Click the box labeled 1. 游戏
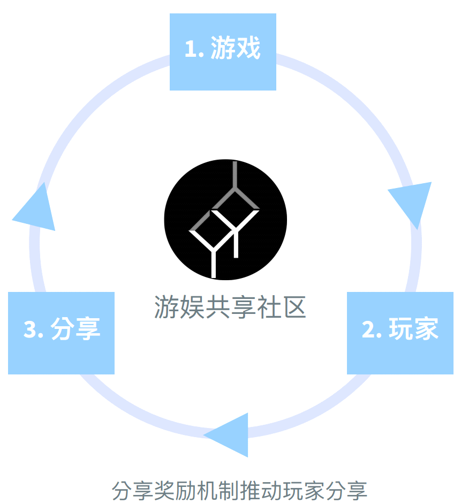pyautogui.click(x=223, y=51)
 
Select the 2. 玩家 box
pyautogui.click(x=400, y=333)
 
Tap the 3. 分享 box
pyautogui.click(x=61, y=333)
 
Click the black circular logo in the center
pyautogui.click(x=225, y=220)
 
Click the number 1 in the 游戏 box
pyautogui.click(x=190, y=49)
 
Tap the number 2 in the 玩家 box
pyautogui.click(x=368, y=329)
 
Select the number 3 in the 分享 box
pyautogui.click(x=30, y=329)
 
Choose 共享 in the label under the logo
pyautogui.click(x=230, y=307)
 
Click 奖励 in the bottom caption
pyautogui.click(x=175, y=491)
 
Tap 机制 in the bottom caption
pyautogui.click(x=218, y=491)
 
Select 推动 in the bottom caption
pyautogui.click(x=260, y=491)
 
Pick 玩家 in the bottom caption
pyautogui.click(x=303, y=491)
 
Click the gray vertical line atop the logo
pyautogui.click(x=235, y=174)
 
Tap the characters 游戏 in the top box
pyautogui.click(x=235, y=48)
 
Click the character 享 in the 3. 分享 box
pyautogui.click(x=88, y=328)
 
